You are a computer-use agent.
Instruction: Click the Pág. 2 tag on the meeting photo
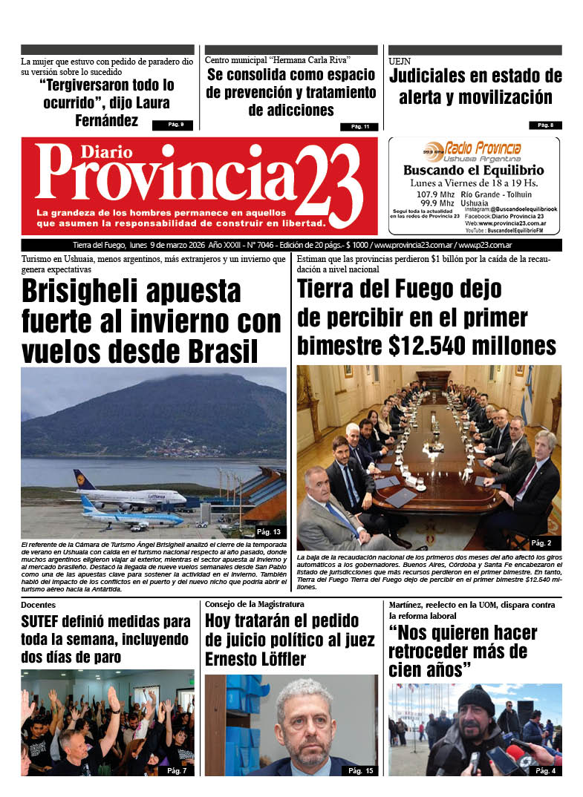click(x=541, y=542)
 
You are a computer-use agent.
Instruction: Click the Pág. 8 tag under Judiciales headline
click(x=545, y=125)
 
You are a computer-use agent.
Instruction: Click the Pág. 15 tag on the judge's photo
click(x=360, y=771)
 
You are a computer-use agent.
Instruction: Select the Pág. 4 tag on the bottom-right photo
click(x=545, y=771)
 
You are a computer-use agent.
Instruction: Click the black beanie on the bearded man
click(x=477, y=698)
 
